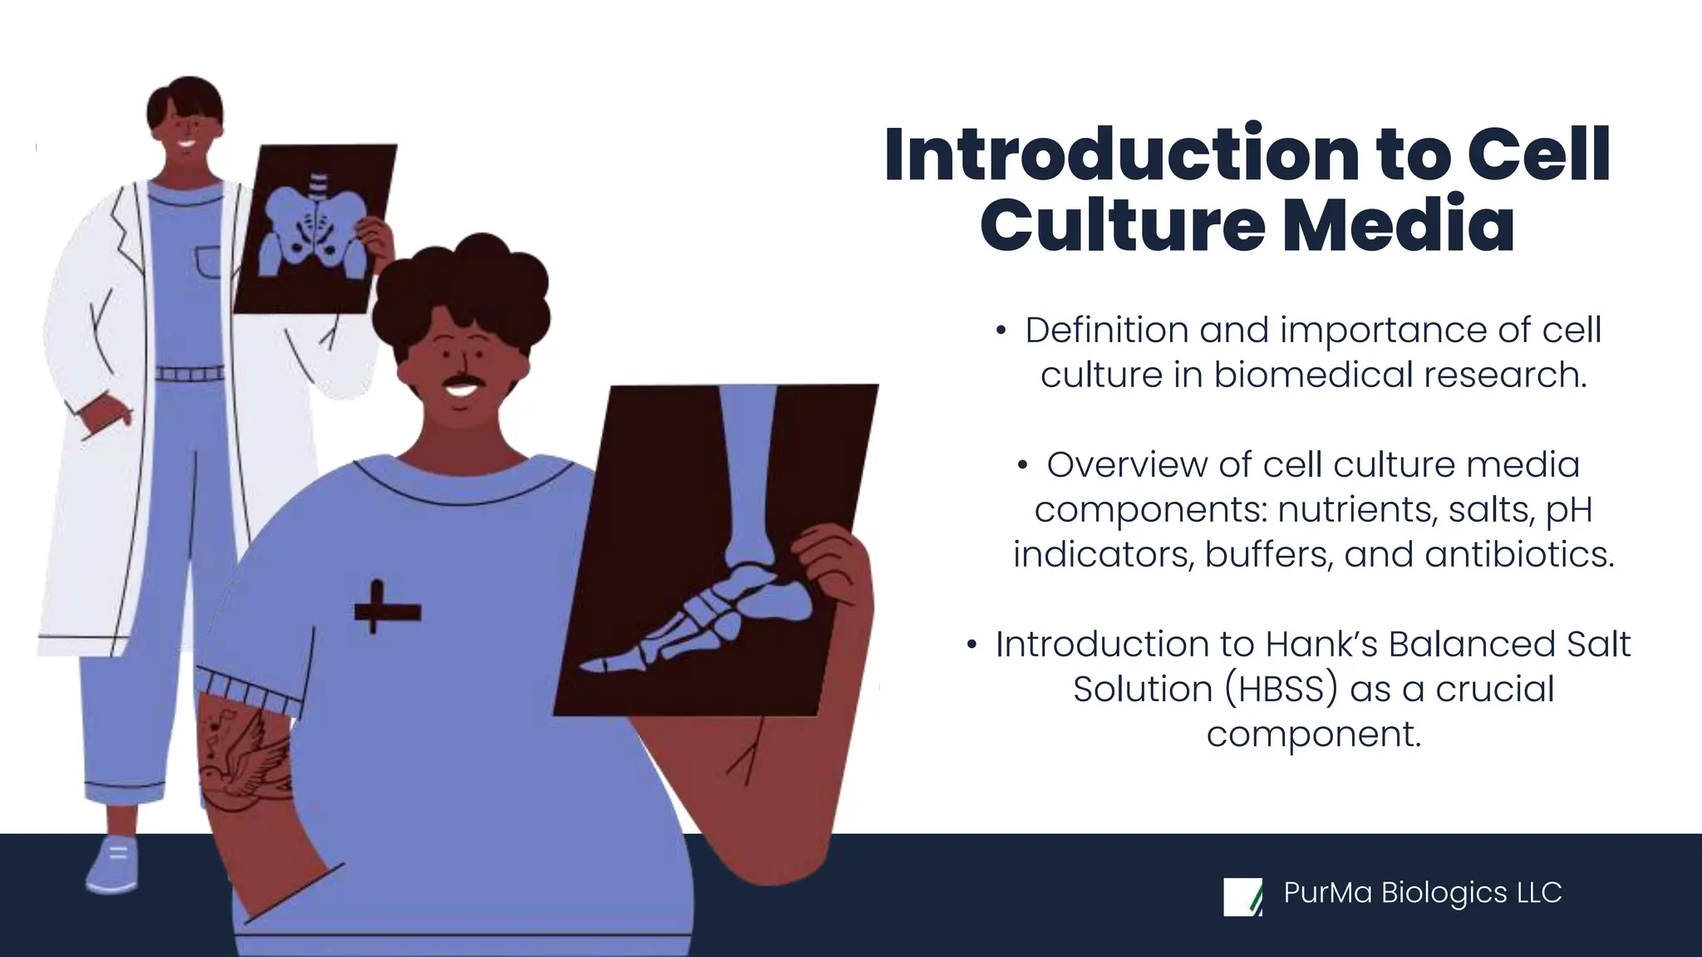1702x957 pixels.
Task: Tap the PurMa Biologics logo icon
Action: [1242, 897]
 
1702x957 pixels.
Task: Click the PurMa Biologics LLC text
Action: [1422, 893]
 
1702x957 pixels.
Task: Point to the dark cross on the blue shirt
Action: [386, 611]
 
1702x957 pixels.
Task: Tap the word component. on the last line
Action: [1314, 734]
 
